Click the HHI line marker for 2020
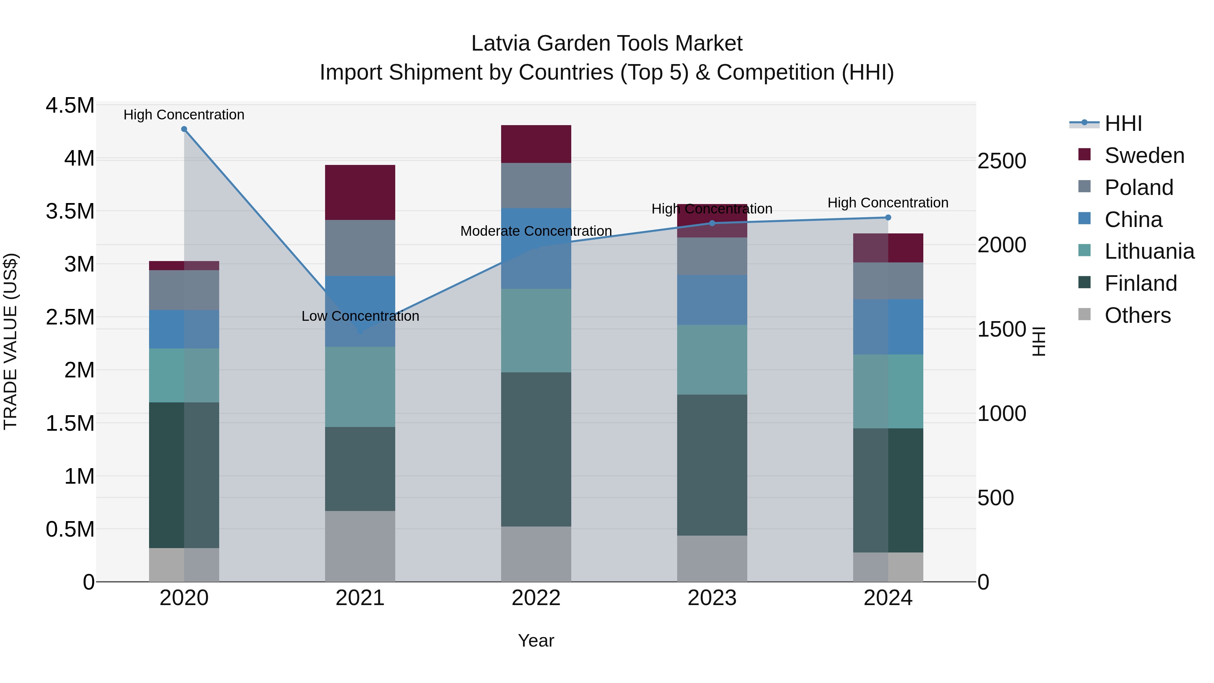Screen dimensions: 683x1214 [x=184, y=129]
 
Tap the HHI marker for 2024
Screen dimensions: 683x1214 [x=888, y=218]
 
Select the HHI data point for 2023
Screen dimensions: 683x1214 [x=712, y=223]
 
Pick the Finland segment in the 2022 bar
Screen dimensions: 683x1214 [x=536, y=449]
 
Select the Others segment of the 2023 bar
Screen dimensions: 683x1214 [x=712, y=559]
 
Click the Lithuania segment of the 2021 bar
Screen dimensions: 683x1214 [x=360, y=387]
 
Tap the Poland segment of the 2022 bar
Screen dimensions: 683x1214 [x=536, y=185]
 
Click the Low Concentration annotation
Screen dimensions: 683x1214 [x=360, y=316]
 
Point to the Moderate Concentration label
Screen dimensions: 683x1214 [x=536, y=231]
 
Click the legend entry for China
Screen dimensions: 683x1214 [x=1133, y=220]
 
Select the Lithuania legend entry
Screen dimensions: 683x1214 [x=1149, y=252]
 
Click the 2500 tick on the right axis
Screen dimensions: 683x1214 [x=1002, y=161]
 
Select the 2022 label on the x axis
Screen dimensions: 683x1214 [x=536, y=598]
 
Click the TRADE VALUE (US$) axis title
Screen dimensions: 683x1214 [x=10, y=342]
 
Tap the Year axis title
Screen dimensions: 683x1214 [x=536, y=641]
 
